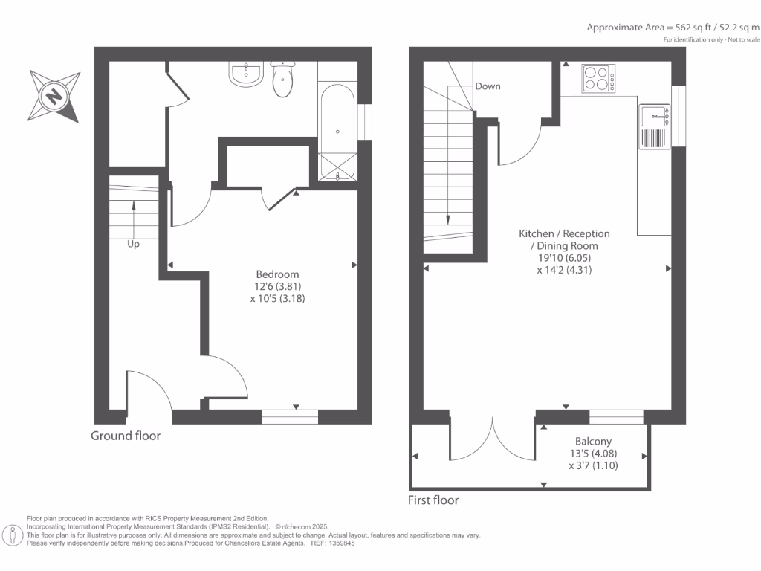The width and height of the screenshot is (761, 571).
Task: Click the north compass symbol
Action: click(x=54, y=96)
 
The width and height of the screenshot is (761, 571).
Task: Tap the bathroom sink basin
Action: click(x=245, y=74)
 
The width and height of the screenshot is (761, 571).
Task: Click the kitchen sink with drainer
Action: click(x=655, y=127)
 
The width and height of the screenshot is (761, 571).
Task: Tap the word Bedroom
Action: click(x=277, y=274)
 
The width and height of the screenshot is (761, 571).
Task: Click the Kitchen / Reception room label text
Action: click(x=564, y=233)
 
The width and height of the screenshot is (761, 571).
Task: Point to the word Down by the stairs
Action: click(x=488, y=86)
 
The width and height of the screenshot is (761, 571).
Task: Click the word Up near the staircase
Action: click(x=133, y=243)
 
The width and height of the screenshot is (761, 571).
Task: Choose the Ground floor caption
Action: click(x=126, y=436)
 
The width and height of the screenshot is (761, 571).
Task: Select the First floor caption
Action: click(x=433, y=500)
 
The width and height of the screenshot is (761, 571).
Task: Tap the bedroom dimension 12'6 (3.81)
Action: click(x=277, y=286)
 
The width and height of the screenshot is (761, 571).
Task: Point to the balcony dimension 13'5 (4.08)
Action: click(x=593, y=454)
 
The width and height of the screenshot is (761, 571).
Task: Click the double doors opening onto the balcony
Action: click(x=492, y=442)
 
